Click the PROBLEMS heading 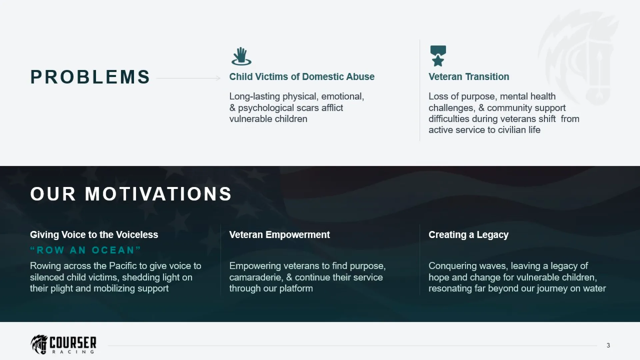pyautogui.click(x=90, y=77)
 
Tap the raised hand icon pyautogui.click(x=241, y=56)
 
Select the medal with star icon pyautogui.click(x=438, y=56)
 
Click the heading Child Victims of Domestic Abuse pyautogui.click(x=302, y=77)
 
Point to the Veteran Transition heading pyautogui.click(x=469, y=77)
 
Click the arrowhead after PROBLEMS pyautogui.click(x=218, y=78)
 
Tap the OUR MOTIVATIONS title pyautogui.click(x=131, y=194)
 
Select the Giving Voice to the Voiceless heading pyautogui.click(x=94, y=235)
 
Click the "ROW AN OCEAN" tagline pyautogui.click(x=86, y=250)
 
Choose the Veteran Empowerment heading pyautogui.click(x=279, y=235)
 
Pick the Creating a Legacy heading pyautogui.click(x=468, y=235)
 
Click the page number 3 pyautogui.click(x=608, y=345)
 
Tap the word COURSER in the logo pyautogui.click(x=73, y=343)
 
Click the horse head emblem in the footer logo pyautogui.click(x=40, y=344)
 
